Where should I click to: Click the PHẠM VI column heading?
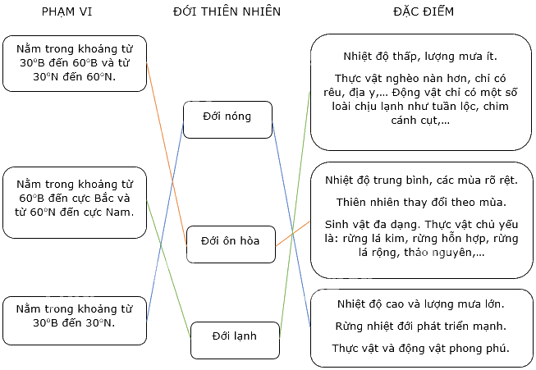tap(66, 12)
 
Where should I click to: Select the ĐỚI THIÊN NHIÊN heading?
tap(227, 12)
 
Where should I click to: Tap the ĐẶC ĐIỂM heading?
tap(424, 11)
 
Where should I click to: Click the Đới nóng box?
tap(227, 120)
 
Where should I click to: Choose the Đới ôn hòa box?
tap(231, 244)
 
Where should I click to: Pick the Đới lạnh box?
tap(235, 340)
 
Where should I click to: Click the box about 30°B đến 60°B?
tap(75, 63)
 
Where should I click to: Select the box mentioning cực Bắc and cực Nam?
tap(75, 203)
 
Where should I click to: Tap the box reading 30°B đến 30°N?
tap(75, 321)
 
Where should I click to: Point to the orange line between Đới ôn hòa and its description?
tap(292, 234)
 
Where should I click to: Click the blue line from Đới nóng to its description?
tap(291, 224)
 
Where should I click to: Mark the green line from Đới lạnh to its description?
tap(295, 215)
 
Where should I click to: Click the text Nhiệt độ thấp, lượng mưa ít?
tap(420, 57)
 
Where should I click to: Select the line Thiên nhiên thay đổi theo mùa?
tap(421, 203)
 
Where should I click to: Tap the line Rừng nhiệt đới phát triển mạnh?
tap(421, 327)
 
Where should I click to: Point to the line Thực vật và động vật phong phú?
tap(421, 349)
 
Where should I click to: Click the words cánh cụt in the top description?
tap(414, 121)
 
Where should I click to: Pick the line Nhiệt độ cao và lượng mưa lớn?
tap(421, 304)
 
